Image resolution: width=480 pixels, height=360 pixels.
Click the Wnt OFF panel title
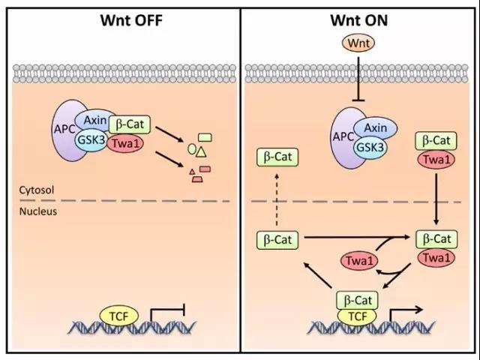(121, 19)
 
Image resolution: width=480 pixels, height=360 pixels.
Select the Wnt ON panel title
(358, 19)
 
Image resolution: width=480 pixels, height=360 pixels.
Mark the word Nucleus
(35, 211)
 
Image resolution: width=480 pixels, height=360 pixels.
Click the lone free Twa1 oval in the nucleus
(359, 259)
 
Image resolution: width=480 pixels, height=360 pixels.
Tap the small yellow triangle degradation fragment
(201, 151)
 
